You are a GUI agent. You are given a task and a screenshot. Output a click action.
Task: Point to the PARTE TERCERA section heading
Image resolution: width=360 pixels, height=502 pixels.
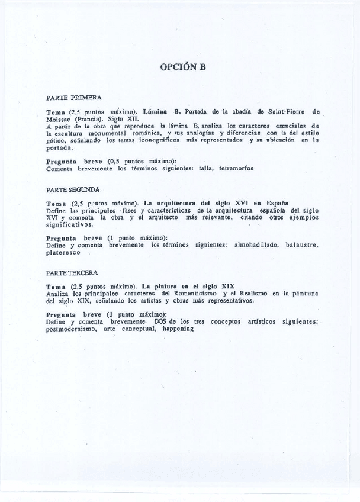(72, 273)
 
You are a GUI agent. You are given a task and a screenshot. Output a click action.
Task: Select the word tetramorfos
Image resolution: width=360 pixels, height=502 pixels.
(236, 168)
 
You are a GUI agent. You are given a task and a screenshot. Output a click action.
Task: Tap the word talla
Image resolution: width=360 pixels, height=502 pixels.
(203, 168)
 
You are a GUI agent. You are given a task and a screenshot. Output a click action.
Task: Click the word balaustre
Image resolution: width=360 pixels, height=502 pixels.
(302, 244)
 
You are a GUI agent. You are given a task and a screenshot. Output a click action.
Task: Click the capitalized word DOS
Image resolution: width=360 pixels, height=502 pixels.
(166, 321)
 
